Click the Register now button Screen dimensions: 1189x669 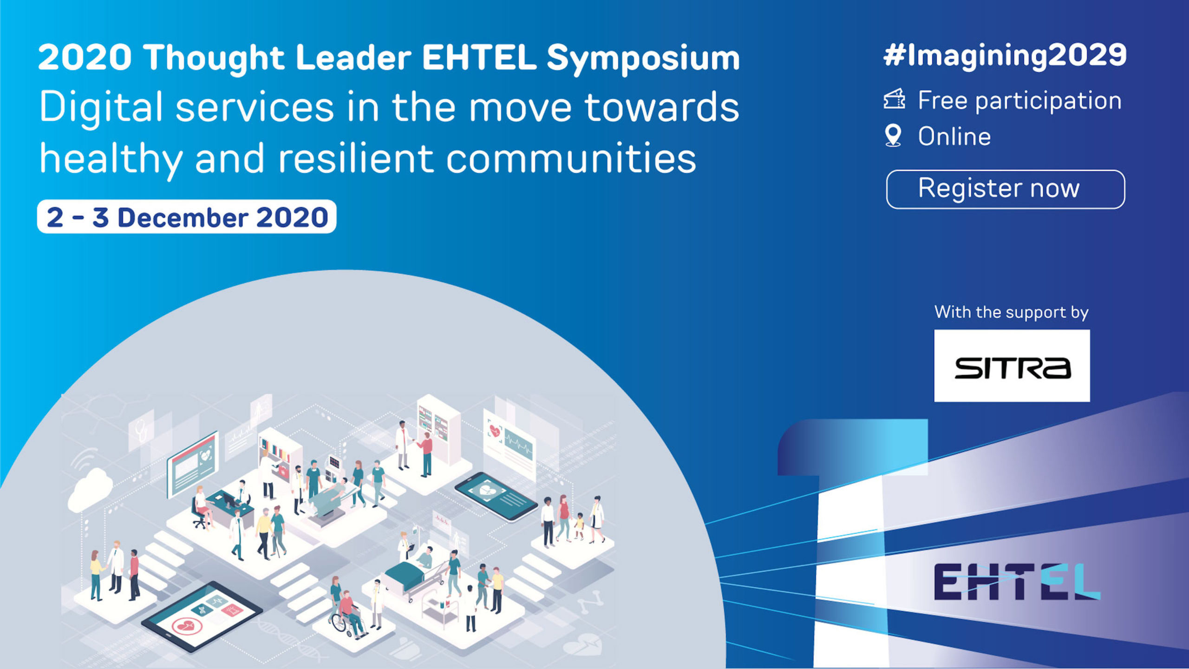coord(1006,189)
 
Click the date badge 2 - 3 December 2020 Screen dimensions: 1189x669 coord(187,216)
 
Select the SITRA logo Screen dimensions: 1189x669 coord(1012,366)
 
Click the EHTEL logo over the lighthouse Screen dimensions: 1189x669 coord(1017,582)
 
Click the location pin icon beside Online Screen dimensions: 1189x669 coord(893,136)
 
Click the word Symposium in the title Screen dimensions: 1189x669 coord(643,59)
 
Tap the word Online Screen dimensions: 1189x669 coord(954,137)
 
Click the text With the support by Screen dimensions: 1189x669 coord(1012,312)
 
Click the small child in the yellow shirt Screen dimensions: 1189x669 coord(579,526)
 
